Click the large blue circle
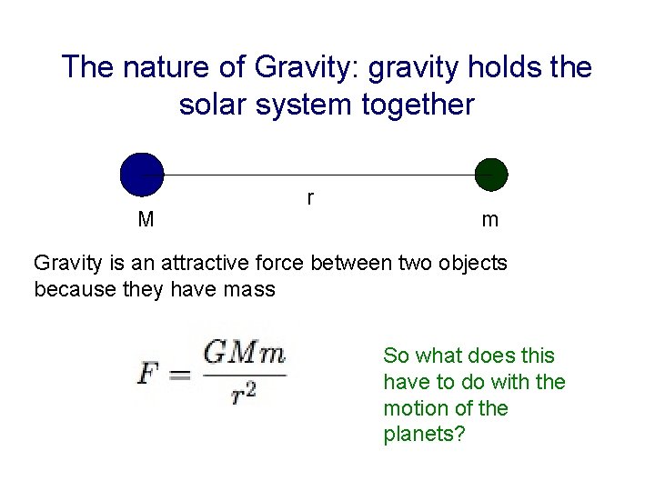coord(142,174)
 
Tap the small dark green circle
coord(491,174)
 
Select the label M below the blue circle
coord(146,220)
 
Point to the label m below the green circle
coord(489,220)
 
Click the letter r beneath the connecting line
coord(310,196)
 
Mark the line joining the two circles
coord(318,174)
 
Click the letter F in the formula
coord(147,372)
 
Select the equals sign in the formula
coord(179,373)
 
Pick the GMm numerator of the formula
coord(244,354)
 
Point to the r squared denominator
coord(243,393)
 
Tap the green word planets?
coord(424,435)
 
